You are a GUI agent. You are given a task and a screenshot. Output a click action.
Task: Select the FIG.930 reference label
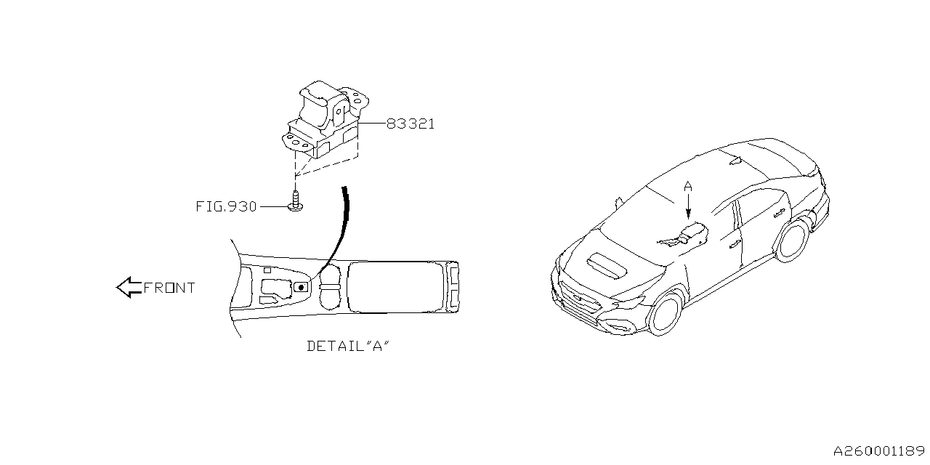point(226,207)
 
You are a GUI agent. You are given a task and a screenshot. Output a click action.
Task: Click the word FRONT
point(169,288)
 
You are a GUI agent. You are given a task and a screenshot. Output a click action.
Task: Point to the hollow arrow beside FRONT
point(128,288)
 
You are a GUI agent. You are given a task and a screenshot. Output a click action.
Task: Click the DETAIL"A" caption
point(349,347)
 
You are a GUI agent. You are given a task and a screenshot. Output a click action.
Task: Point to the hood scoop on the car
point(607,265)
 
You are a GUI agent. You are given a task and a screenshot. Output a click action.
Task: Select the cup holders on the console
point(331,288)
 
